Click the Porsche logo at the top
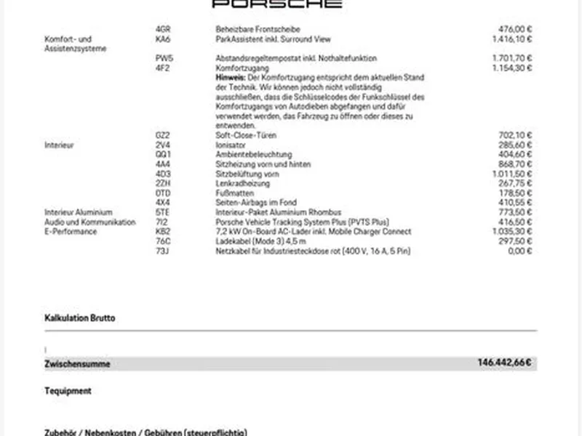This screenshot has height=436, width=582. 276,4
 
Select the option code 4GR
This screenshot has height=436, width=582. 163,29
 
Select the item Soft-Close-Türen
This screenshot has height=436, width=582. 246,135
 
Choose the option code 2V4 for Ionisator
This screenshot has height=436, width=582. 162,145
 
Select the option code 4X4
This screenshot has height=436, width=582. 162,203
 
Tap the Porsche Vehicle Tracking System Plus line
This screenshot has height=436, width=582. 303,222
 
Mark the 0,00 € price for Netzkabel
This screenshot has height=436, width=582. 522,251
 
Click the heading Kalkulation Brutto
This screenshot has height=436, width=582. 80,318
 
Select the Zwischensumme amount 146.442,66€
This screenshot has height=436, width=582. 504,363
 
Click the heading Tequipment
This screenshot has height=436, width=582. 68,391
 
